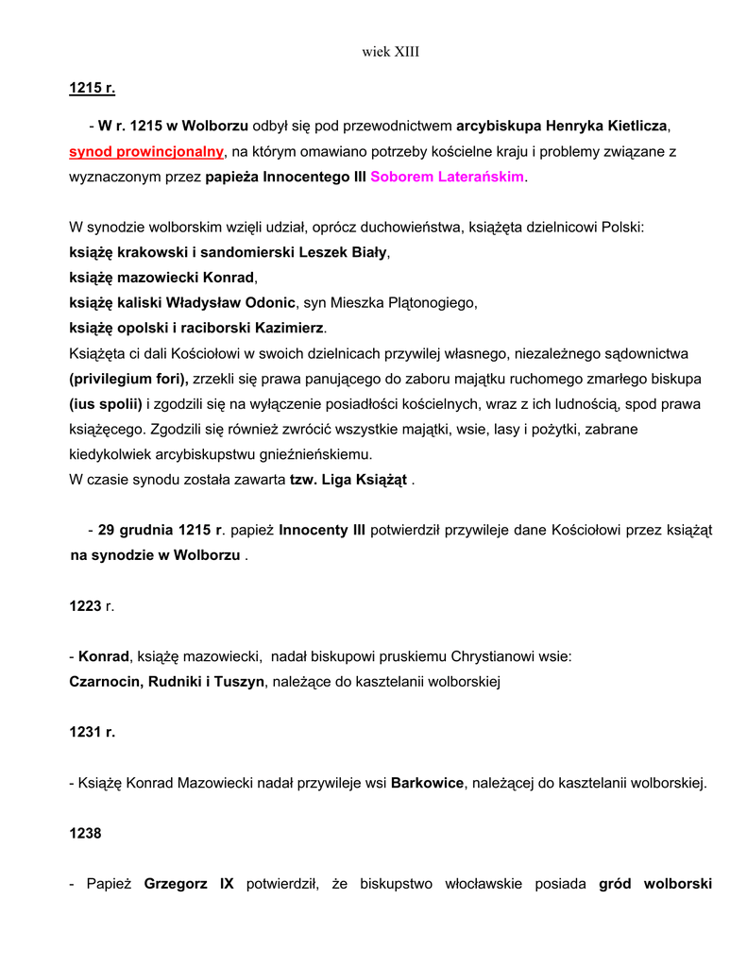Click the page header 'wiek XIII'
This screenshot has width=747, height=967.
[390, 52]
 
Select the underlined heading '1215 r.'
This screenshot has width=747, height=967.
[92, 89]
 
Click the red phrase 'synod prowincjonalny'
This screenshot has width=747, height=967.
[146, 151]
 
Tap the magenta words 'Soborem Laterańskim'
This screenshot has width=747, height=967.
[447, 177]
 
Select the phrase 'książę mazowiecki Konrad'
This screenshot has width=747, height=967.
[161, 279]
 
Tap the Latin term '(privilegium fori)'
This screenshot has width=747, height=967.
[128, 380]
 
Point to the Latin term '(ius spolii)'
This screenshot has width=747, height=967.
[106, 405]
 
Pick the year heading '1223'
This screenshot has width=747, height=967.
[85, 606]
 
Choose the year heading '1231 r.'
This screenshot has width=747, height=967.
[92, 732]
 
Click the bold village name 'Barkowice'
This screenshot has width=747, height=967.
[427, 783]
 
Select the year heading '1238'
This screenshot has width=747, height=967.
[85, 834]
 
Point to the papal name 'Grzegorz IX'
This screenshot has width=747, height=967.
[188, 885]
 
